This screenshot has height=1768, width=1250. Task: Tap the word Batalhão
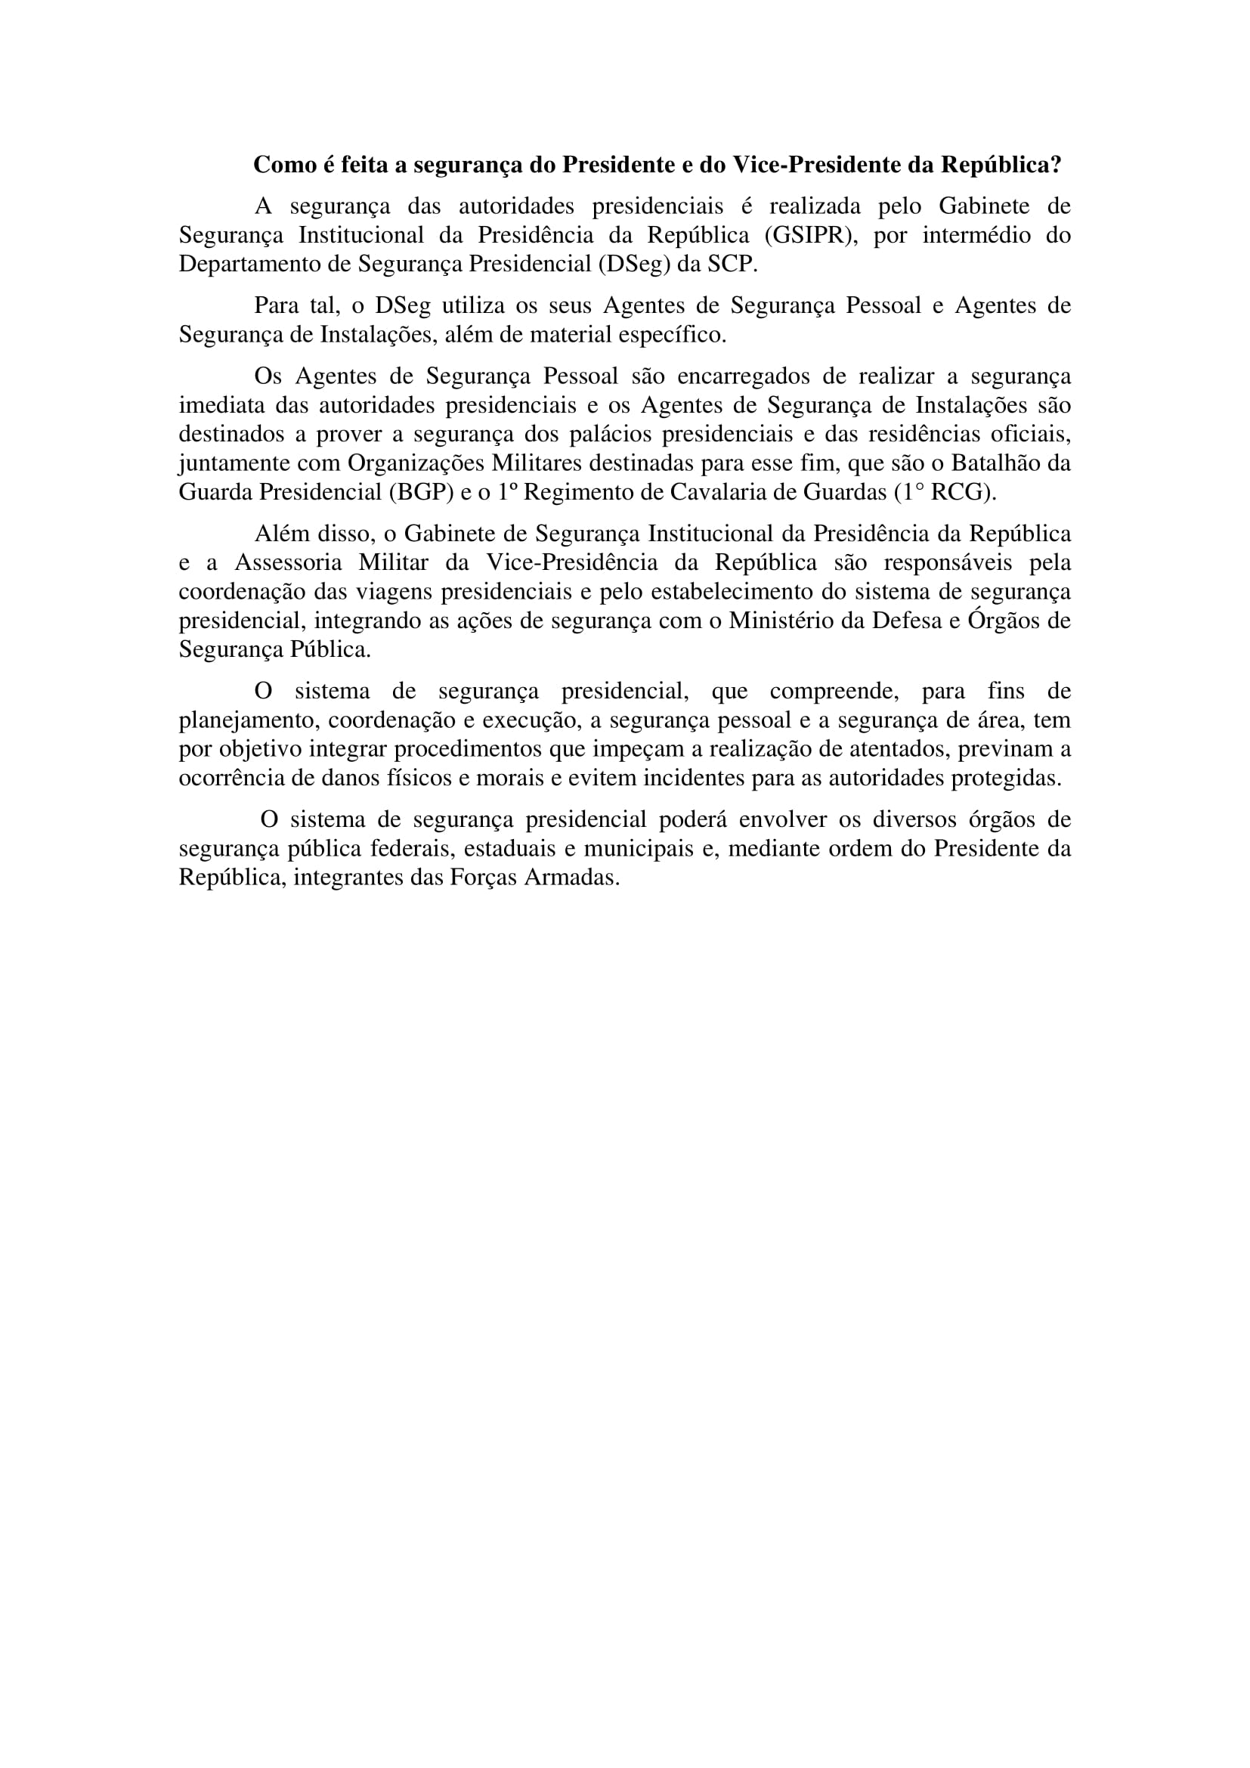(x=997, y=463)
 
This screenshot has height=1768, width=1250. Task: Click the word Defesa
(x=914, y=621)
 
